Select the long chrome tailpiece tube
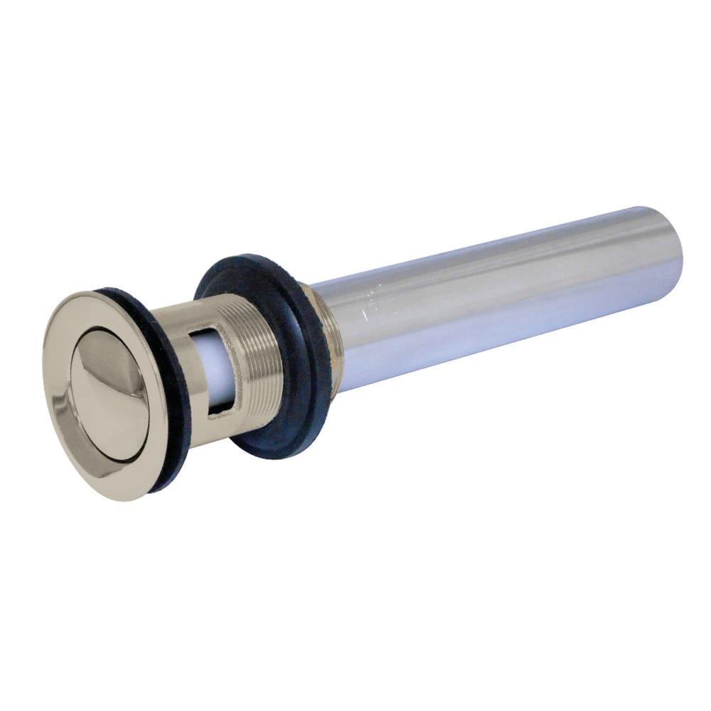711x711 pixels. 498,292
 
